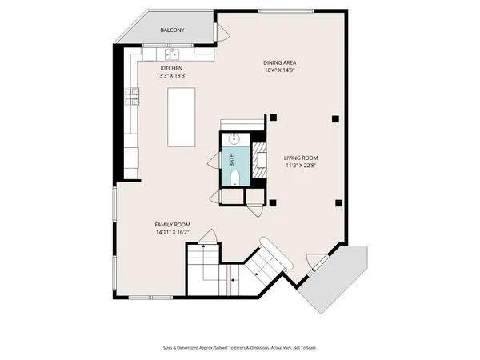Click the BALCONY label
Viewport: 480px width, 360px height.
[172, 30]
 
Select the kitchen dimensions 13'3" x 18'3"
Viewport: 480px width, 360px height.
[173, 76]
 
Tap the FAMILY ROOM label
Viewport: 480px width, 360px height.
[172, 225]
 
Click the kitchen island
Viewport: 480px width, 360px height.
[182, 117]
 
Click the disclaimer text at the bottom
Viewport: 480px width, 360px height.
[239, 347]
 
